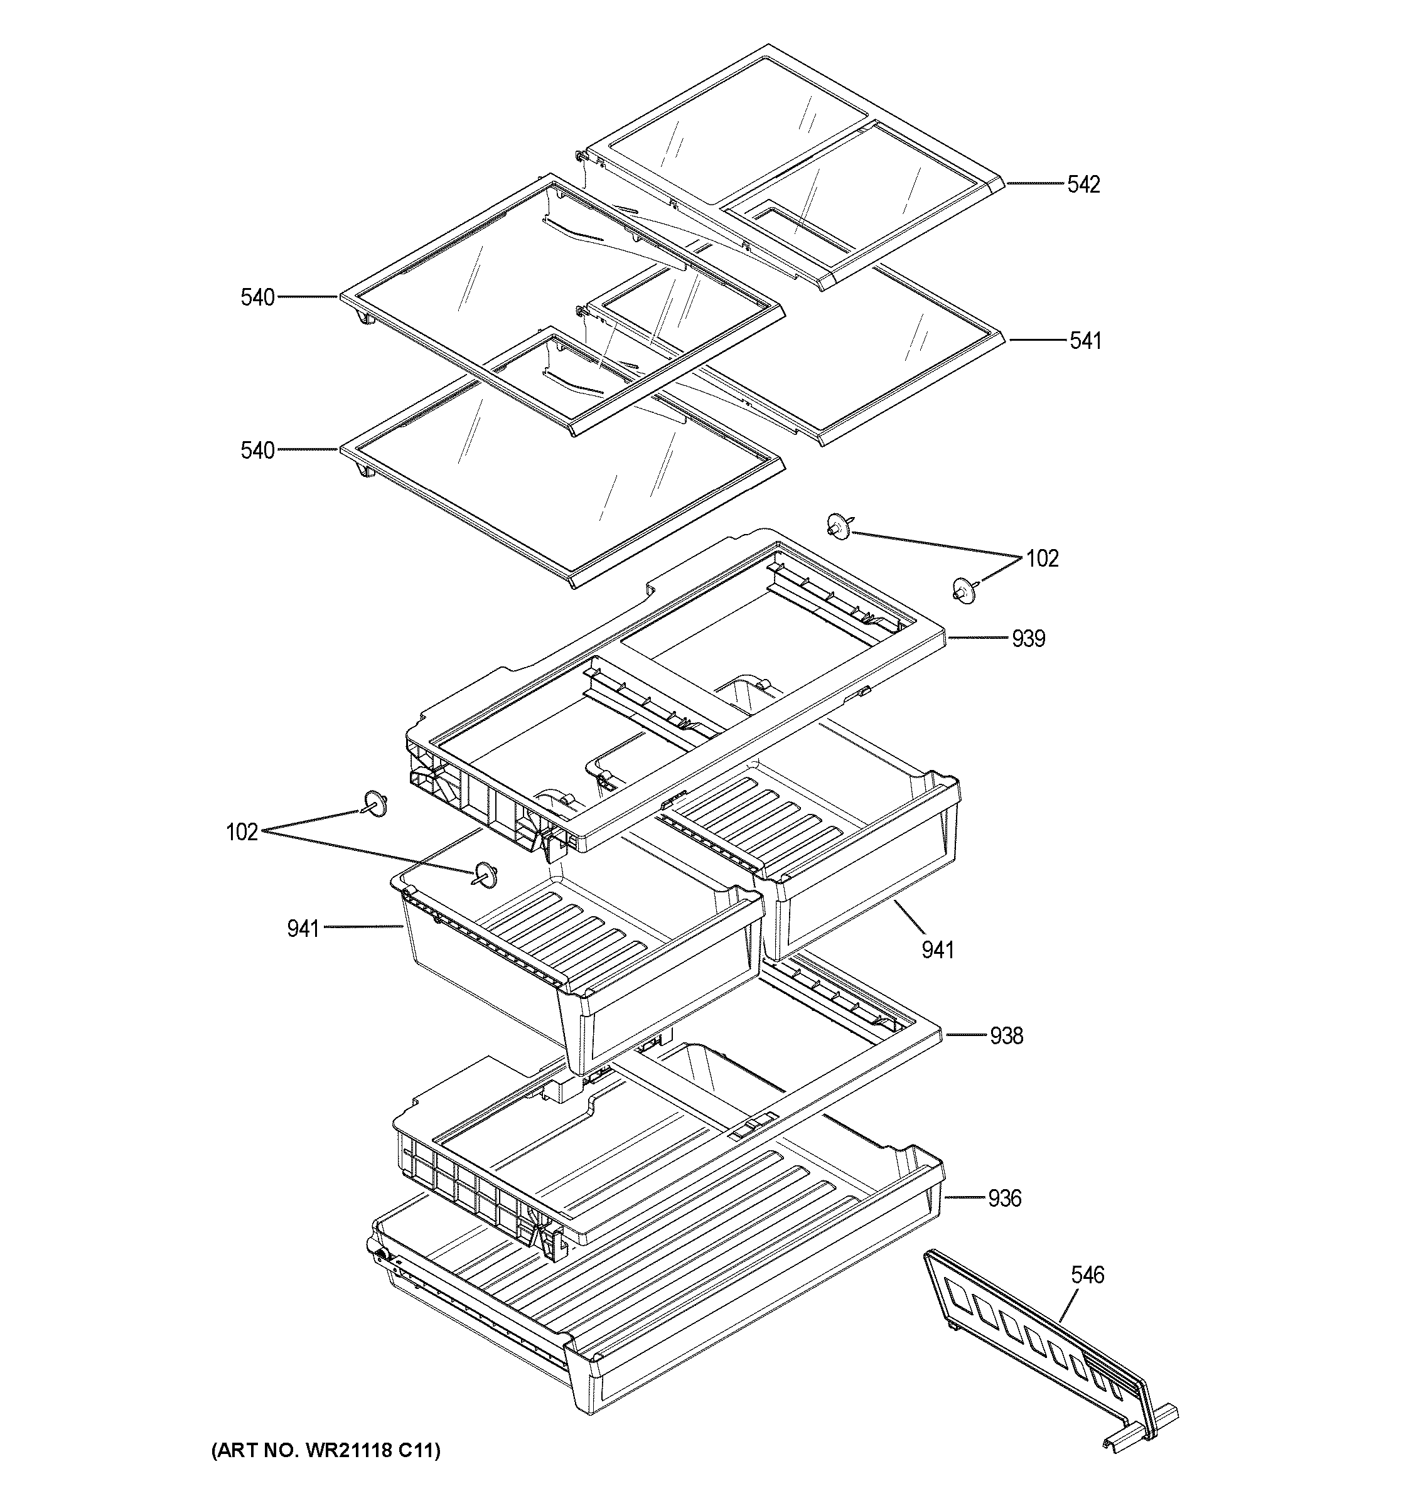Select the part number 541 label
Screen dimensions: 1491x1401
click(1085, 341)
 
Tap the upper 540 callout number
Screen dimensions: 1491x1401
click(257, 297)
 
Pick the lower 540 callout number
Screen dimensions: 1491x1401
click(257, 451)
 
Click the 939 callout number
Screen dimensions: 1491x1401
click(1028, 639)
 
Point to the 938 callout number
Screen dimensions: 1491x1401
click(1006, 1036)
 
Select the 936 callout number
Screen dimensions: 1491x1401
click(1004, 1199)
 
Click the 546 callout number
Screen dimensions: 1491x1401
click(1088, 1275)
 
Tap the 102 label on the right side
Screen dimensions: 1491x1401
click(1042, 558)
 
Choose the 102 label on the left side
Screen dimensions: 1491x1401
click(242, 833)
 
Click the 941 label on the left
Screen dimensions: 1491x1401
click(303, 929)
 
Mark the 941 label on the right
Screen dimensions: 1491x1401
click(938, 950)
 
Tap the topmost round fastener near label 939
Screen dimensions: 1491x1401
click(838, 526)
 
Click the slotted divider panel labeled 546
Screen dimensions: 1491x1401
click(1050, 1350)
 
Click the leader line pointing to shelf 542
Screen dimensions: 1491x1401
click(1035, 184)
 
